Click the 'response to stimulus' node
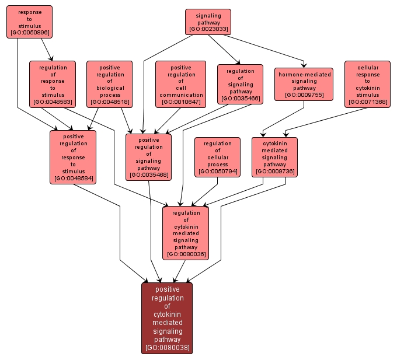[29, 22]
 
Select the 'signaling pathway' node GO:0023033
[208, 22]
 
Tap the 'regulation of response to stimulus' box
[53, 85]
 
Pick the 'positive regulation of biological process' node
[110, 85]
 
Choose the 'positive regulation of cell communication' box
[181, 85]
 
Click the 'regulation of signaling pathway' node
[240, 84]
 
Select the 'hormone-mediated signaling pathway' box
[304, 84]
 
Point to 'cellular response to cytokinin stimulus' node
[367, 85]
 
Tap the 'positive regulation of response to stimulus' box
[73, 157]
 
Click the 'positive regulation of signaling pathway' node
[148, 157]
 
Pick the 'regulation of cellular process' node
[217, 157]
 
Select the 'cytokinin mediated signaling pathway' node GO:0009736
[274, 157]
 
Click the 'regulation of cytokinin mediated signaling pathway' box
[186, 233]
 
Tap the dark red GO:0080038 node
[167, 318]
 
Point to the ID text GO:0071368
[367, 102]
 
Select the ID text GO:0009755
[304, 95]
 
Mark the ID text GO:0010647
[181, 102]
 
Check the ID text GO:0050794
[217, 172]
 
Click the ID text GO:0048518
[110, 102]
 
